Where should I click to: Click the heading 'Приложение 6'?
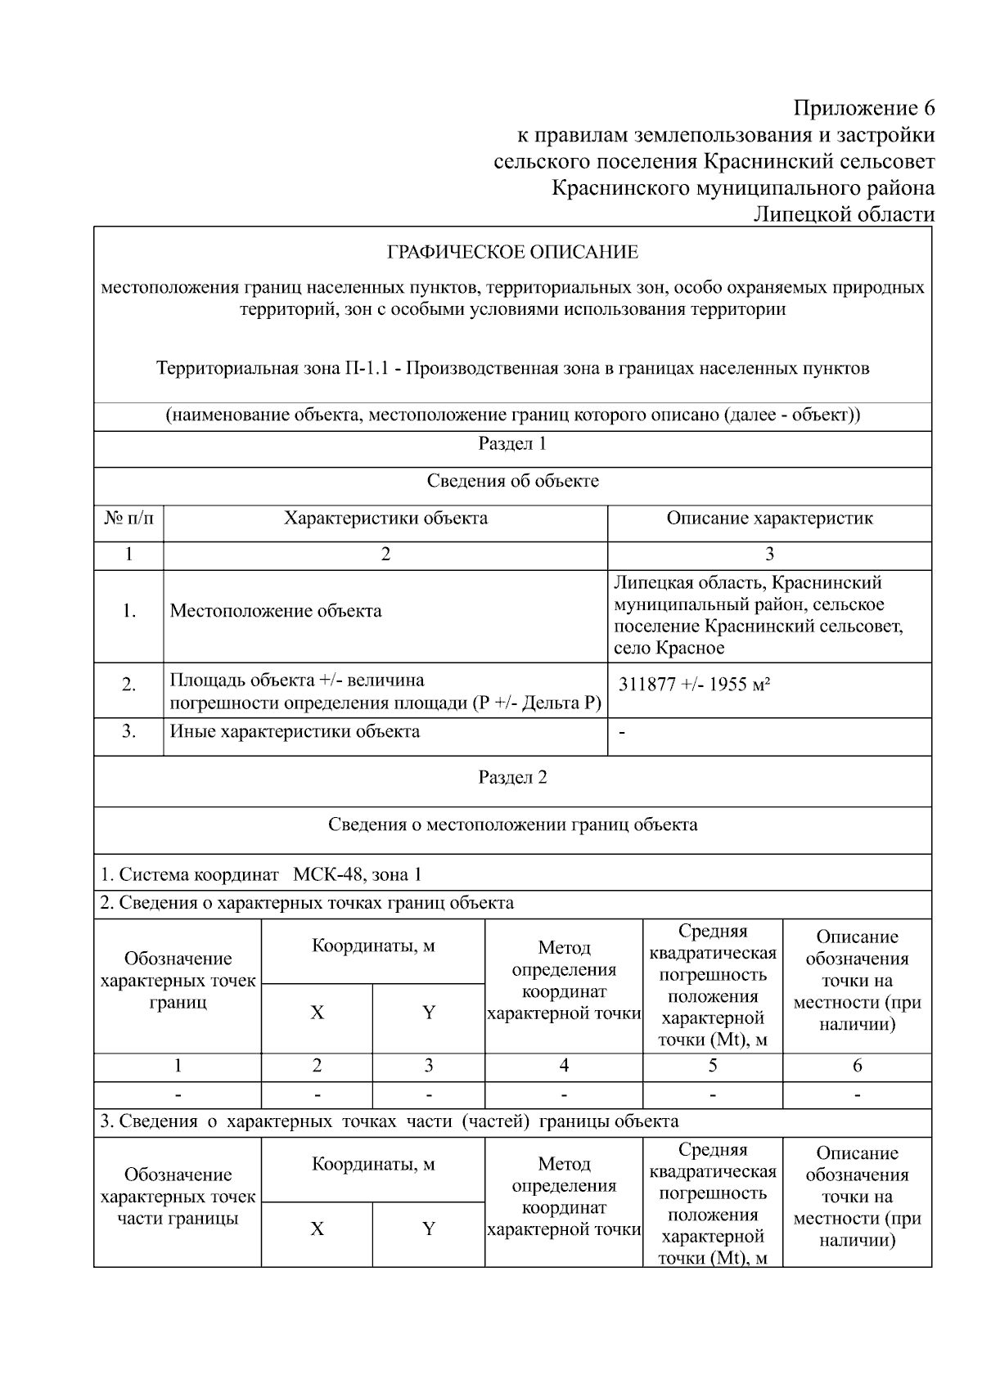[x=863, y=109]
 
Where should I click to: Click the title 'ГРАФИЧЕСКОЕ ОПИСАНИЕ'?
[x=512, y=252]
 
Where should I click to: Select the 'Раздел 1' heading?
[x=512, y=444]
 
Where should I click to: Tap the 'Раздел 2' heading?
[x=512, y=777]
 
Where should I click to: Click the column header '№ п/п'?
[x=128, y=519]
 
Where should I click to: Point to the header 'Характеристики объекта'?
[x=385, y=519]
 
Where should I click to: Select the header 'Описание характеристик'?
[x=769, y=519]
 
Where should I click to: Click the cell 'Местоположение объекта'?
[x=276, y=611]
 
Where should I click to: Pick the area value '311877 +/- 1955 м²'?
[x=694, y=685]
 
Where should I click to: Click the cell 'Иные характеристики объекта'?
[x=295, y=731]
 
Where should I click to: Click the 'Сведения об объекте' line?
[x=512, y=481]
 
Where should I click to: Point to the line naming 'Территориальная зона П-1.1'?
[x=512, y=368]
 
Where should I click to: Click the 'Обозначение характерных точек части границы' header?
[x=178, y=1197]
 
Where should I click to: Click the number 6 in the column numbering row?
[x=857, y=1066]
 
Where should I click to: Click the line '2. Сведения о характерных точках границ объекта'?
[x=307, y=903]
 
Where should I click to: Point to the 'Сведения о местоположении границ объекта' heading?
[x=512, y=824]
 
